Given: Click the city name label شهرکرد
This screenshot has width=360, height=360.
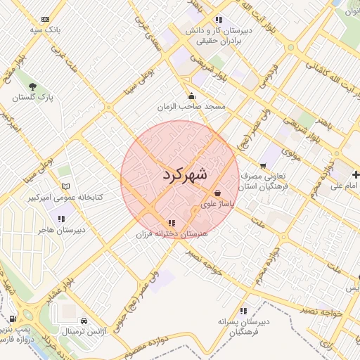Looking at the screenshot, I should pos(184,175).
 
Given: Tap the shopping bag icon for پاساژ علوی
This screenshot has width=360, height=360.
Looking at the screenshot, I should pos(217,193).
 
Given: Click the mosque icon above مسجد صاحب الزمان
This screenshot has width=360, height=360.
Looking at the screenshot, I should pos(191,96).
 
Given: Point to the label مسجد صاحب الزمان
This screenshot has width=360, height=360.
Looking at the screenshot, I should pos(191,107).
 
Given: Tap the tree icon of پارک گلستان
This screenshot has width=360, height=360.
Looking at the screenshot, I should pos(32,86).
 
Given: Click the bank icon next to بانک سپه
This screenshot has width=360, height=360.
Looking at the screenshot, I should pos(46,19).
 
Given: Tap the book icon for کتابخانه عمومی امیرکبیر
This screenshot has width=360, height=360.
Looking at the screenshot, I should pos(66,186).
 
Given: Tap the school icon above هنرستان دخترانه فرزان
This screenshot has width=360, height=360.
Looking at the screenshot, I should pos(172,223).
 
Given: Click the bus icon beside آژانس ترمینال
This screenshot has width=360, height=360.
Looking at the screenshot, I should pos(84,319).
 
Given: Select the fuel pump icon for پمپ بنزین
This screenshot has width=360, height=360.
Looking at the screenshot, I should pos(14,319).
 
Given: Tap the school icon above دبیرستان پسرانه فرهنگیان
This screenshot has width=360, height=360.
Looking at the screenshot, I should pos(243,310).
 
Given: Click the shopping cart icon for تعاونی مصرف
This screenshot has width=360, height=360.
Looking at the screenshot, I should pos(263,165).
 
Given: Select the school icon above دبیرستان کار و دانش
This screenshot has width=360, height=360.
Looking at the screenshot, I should pos(219,20).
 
